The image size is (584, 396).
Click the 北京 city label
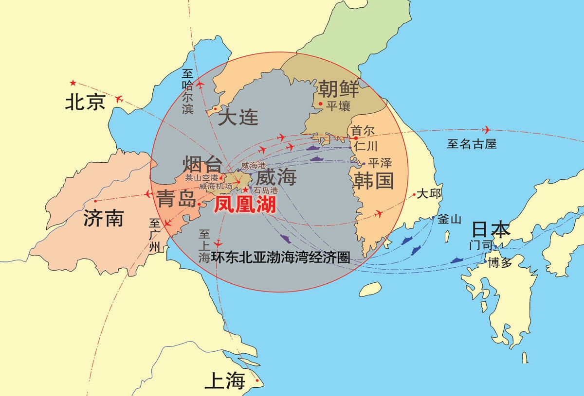click(86, 102)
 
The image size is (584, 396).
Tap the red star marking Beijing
click(73, 83)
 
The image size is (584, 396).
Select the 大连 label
click(238, 117)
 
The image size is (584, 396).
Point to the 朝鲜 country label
click(339, 89)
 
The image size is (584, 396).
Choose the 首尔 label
click(363, 131)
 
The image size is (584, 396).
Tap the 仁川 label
click(366, 145)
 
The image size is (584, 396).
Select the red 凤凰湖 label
click(245, 205)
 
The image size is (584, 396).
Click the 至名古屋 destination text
click(472, 144)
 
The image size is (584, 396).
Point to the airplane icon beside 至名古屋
click(486, 130)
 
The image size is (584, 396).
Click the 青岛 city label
click(176, 198)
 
